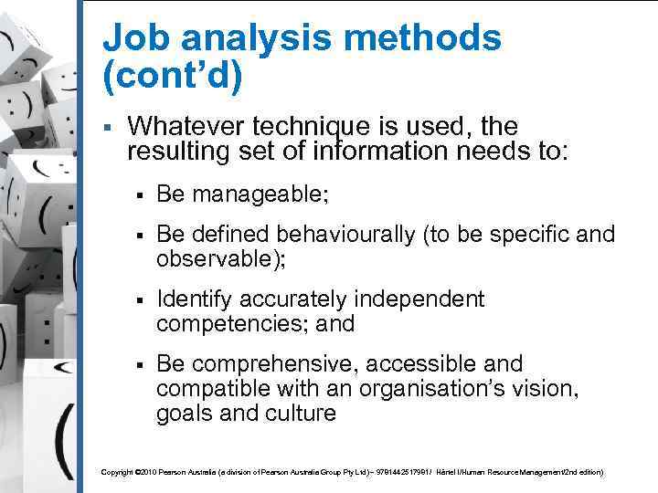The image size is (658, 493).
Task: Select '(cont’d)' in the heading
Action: point(174,77)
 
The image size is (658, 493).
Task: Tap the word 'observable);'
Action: point(221,259)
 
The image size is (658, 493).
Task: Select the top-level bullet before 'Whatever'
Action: point(107,127)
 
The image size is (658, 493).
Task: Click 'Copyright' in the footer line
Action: point(116,473)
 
